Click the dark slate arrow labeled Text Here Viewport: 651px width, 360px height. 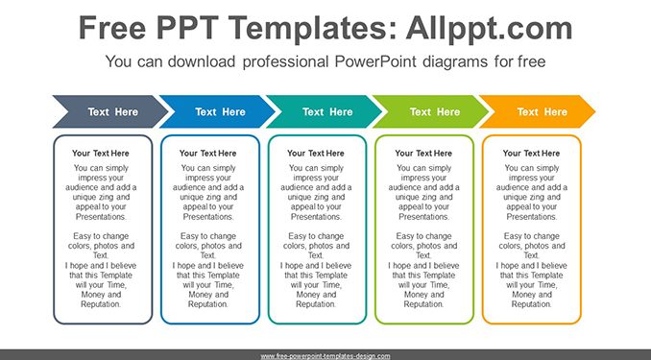coord(110,111)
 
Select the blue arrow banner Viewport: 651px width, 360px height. coord(218,111)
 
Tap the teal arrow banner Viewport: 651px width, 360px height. coord(325,111)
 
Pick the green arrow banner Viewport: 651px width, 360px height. coord(432,111)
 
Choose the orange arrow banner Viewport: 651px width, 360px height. coord(539,111)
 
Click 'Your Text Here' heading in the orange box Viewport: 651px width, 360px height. coord(531,154)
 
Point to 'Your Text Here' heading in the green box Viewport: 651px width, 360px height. coord(423,154)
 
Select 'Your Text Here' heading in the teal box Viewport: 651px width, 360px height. coord(316,154)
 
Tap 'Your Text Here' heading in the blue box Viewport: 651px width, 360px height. coord(208,154)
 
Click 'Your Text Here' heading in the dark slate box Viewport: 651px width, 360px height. coord(101,154)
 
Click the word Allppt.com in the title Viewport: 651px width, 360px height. coord(489,28)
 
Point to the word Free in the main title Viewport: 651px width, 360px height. coord(112,28)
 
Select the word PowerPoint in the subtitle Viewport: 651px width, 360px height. coord(375,61)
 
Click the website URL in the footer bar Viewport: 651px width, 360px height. coord(325,356)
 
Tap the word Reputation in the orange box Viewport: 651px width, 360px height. coord(531,304)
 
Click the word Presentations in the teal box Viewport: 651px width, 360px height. coord(316,217)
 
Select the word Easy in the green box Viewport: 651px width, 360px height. coord(404,236)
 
